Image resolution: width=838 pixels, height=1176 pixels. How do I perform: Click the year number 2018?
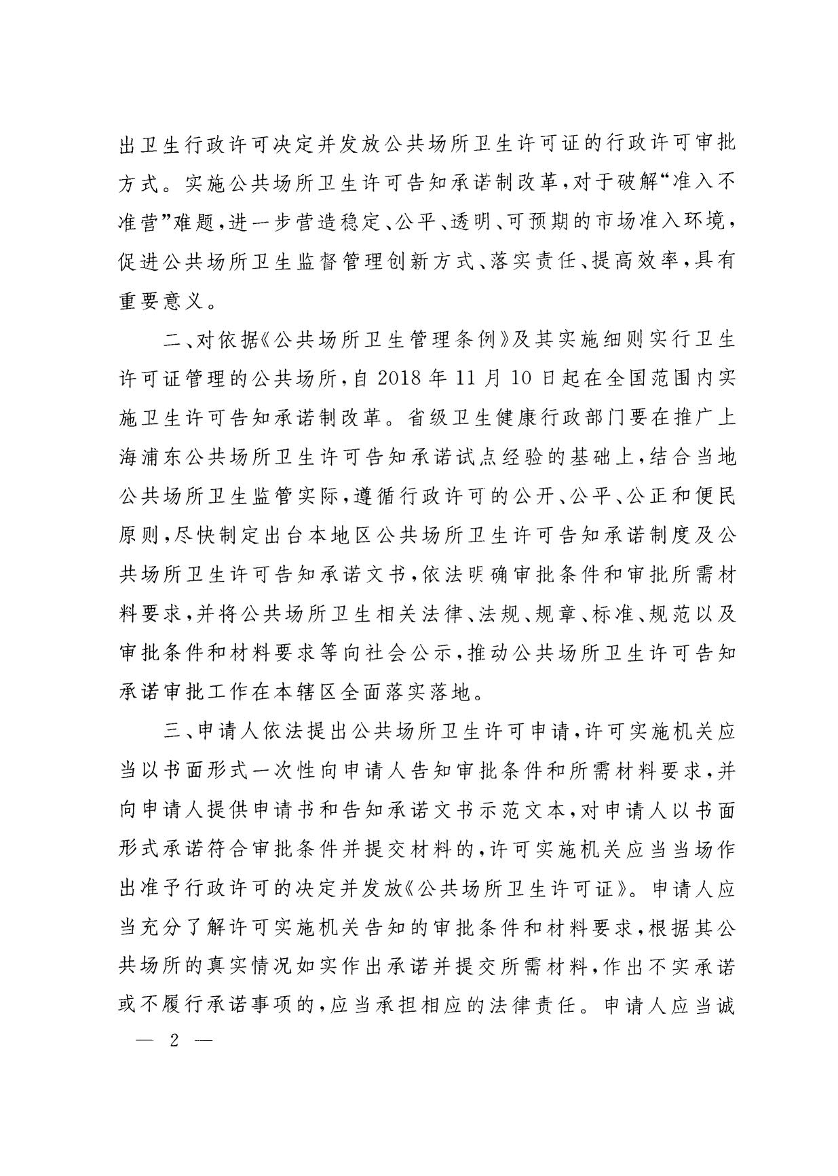pyautogui.click(x=397, y=378)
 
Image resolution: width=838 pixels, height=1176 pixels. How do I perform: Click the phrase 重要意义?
pyautogui.click(x=161, y=300)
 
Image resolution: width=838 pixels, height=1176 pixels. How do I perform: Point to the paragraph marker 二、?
pyautogui.click(x=179, y=339)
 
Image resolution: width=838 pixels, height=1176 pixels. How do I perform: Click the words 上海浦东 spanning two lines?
pyautogui.click(x=725, y=417)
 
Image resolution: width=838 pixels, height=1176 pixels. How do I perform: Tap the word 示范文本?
pyautogui.click(x=536, y=811)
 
